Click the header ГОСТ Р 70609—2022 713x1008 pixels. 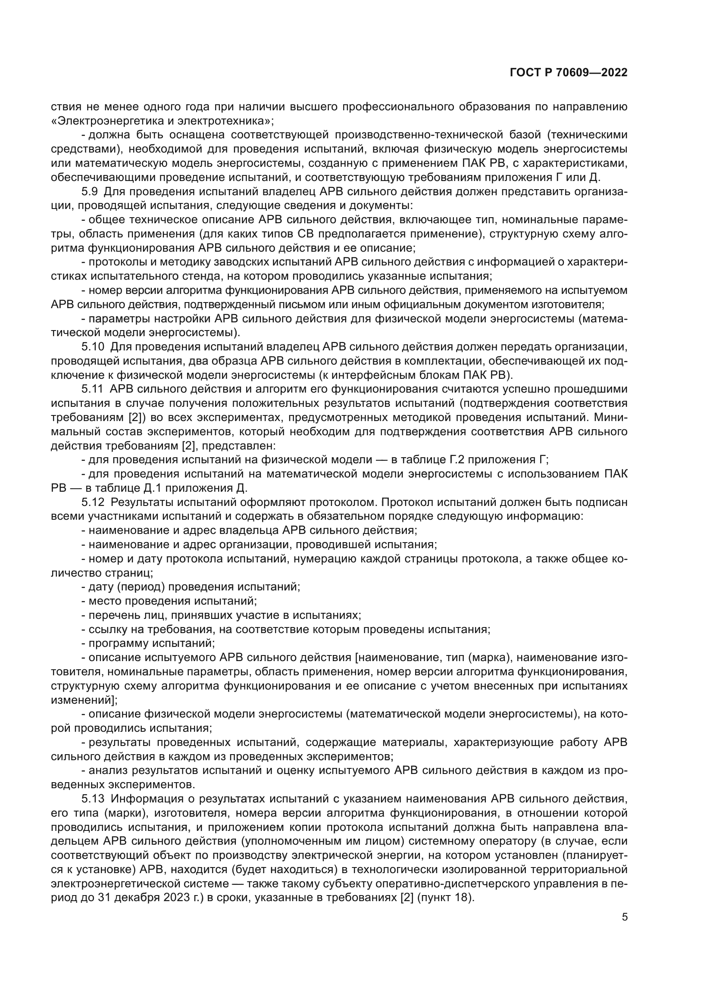coord(568,73)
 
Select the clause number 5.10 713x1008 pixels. coord(92,347)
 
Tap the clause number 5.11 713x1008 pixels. coord(92,390)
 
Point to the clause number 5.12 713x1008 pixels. coord(93,502)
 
